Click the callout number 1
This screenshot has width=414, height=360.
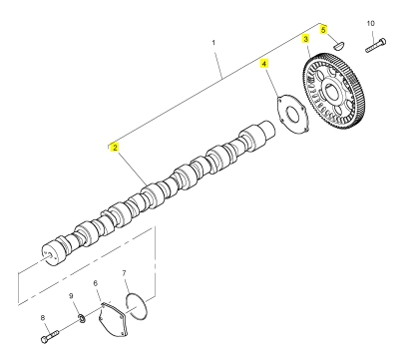(x=213, y=43)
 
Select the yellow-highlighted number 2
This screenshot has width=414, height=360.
(x=115, y=148)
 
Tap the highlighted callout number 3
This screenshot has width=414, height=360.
(x=305, y=39)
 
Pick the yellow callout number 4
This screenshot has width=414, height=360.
(x=264, y=64)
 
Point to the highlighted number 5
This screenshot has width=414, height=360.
(x=323, y=30)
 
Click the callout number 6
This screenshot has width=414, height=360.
(x=96, y=283)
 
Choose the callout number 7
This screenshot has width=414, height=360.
(x=124, y=273)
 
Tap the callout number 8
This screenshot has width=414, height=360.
(x=43, y=318)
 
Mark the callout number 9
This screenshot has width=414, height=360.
(x=71, y=296)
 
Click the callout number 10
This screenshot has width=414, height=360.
(x=370, y=23)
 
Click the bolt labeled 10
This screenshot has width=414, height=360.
(x=376, y=46)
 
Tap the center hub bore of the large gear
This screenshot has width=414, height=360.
(x=332, y=92)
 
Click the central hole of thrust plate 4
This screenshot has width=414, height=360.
(x=292, y=114)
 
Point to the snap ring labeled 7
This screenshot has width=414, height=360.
(x=137, y=306)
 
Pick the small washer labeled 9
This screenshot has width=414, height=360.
(x=81, y=319)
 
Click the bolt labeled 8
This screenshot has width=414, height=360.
(x=49, y=336)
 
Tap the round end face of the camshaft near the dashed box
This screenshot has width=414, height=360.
(x=49, y=255)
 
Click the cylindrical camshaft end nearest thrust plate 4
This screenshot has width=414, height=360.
(x=267, y=130)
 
